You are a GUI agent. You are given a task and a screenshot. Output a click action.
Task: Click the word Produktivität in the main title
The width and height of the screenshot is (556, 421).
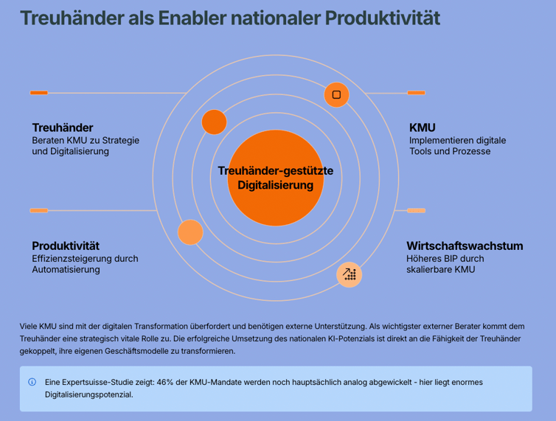point(383,18)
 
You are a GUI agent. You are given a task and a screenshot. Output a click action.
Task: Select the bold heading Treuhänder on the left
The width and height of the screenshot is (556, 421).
point(63,128)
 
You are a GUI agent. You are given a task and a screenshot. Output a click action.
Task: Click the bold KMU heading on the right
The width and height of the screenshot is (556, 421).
point(423,128)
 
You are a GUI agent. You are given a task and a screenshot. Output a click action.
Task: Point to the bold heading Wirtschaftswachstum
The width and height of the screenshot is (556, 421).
point(465,246)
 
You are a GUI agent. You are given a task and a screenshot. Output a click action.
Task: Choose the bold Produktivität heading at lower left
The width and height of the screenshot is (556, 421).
point(66,246)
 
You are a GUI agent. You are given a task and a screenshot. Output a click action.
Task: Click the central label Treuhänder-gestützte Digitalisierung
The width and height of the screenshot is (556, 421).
point(276,178)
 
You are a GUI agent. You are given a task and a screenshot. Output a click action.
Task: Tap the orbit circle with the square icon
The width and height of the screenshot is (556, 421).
point(336,94)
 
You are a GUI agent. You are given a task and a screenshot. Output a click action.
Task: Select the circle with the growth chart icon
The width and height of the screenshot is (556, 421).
point(350,274)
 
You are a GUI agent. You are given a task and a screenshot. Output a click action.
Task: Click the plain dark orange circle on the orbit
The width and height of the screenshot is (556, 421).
point(214,122)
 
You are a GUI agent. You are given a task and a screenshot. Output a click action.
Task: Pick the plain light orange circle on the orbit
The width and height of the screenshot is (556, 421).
point(190,232)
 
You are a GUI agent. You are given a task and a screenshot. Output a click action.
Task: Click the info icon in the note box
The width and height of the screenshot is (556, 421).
point(32,382)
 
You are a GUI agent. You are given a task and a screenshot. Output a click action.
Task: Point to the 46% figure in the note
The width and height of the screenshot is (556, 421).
point(165,383)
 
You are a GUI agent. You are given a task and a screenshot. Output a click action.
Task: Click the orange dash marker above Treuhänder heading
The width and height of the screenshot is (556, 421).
point(39,93)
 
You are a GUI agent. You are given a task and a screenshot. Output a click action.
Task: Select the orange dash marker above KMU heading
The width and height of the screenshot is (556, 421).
point(417,93)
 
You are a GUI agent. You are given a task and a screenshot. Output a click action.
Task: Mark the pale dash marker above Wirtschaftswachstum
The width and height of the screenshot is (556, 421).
point(417,211)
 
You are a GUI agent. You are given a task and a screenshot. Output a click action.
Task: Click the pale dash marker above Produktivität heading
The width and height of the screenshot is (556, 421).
point(39,211)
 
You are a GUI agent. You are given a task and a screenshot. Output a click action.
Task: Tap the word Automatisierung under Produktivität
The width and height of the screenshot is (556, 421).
point(66,270)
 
